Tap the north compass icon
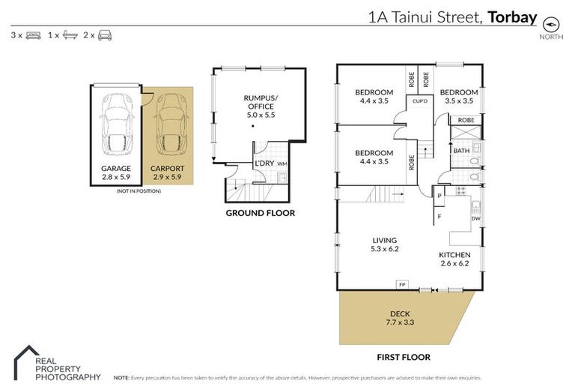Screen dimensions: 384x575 click(x=553, y=22)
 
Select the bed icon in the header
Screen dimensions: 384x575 click(x=33, y=35)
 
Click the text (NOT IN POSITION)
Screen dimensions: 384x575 click(x=139, y=191)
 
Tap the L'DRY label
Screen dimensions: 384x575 click(x=264, y=163)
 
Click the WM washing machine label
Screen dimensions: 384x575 click(x=282, y=163)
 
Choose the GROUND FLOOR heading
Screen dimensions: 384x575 click(x=260, y=213)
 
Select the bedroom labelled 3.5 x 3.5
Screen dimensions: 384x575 click(x=459, y=96)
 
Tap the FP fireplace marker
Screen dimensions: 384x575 click(x=402, y=285)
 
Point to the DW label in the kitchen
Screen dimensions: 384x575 click(x=475, y=218)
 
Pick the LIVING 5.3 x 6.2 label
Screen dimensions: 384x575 click(x=384, y=244)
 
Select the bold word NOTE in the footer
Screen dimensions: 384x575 click(x=121, y=377)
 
